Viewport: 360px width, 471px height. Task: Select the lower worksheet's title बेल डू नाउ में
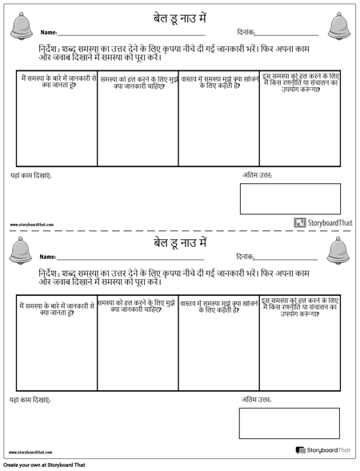(180, 241)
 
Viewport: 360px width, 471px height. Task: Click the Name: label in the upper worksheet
(47, 33)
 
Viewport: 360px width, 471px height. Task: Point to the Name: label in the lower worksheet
(47, 257)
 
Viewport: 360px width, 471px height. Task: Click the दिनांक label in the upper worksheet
(246, 33)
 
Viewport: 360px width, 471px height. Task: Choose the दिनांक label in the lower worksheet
(246, 257)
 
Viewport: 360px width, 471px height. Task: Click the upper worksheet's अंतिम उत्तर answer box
(290, 198)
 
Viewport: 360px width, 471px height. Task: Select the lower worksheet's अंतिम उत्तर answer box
(289, 423)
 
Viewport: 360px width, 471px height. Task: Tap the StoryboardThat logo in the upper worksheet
(322, 223)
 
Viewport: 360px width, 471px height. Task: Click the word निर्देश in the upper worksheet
(50, 49)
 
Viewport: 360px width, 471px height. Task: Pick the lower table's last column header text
(300, 306)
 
